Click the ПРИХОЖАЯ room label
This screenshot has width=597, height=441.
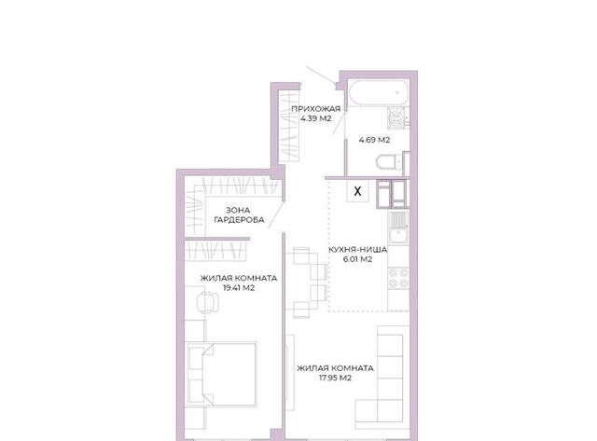tap(315, 109)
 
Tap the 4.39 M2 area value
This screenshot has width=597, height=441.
tap(315, 118)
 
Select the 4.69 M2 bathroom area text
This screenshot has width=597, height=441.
tap(374, 140)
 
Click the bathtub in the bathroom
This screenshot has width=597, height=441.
tap(378, 92)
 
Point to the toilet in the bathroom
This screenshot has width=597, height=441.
tap(389, 162)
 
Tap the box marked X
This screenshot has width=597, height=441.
tap(357, 191)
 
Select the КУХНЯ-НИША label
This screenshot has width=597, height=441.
tap(357, 250)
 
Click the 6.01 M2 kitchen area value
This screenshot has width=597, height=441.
tap(357, 259)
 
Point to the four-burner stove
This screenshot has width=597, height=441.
tap(398, 278)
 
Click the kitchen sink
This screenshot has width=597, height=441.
tap(398, 227)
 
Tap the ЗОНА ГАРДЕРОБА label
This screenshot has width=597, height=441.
tap(239, 215)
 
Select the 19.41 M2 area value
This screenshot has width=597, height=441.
tap(239, 288)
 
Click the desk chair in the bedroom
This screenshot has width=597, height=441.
tap(207, 302)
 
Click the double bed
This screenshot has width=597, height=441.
tap(221, 375)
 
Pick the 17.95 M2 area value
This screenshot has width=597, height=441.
tap(335, 378)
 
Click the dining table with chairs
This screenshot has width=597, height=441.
tap(307, 283)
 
